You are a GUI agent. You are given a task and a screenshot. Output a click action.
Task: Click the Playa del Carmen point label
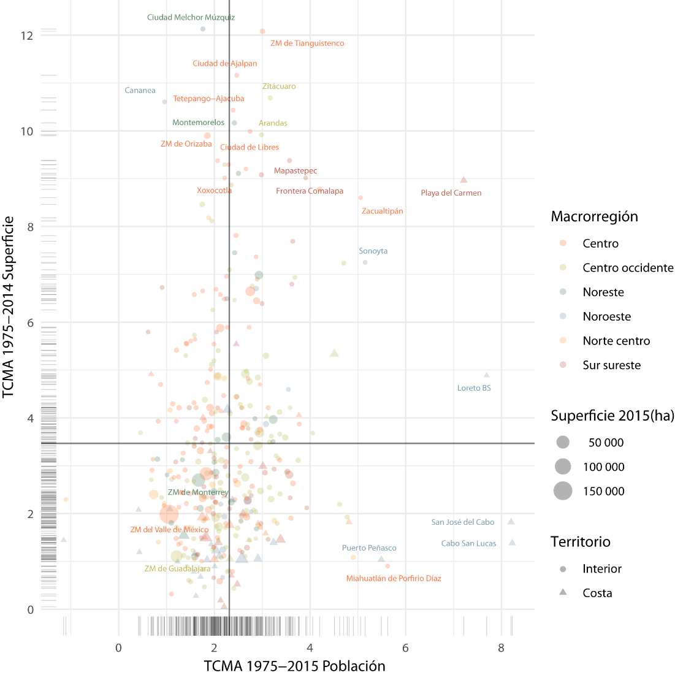pyautogui.click(x=451, y=193)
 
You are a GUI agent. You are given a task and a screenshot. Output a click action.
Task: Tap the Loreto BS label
pyautogui.click(x=474, y=388)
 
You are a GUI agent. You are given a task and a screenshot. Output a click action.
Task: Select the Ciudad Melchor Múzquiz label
pyautogui.click(x=191, y=18)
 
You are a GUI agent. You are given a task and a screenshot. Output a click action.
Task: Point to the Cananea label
pyautogui.click(x=140, y=91)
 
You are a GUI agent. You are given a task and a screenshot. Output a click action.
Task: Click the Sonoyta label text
pyautogui.click(x=373, y=251)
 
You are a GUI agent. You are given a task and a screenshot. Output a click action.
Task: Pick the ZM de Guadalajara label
pyautogui.click(x=177, y=569)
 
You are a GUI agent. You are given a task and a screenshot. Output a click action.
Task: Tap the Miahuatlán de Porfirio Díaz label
pyautogui.click(x=394, y=579)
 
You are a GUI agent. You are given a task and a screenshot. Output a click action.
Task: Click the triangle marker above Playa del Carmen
pyautogui.click(x=463, y=180)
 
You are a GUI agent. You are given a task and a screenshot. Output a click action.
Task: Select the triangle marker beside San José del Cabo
pyautogui.click(x=511, y=522)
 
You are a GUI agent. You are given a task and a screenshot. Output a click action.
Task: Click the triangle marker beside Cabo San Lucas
pyautogui.click(x=512, y=543)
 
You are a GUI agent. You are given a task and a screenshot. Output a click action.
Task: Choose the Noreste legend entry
pyautogui.click(x=603, y=292)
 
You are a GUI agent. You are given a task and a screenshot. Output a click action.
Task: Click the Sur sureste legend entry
pyautogui.click(x=611, y=365)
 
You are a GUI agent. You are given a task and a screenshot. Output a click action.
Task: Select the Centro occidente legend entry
pyautogui.click(x=628, y=268)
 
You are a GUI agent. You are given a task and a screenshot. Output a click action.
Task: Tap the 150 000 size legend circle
pyautogui.click(x=563, y=491)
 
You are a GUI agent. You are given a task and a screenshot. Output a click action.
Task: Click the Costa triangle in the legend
pyautogui.click(x=563, y=593)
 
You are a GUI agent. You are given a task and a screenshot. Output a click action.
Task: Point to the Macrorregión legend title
pyautogui.click(x=594, y=216)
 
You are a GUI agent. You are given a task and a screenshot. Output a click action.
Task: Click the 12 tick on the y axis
pyautogui.click(x=26, y=36)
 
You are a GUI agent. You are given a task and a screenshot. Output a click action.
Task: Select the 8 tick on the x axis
pyautogui.click(x=501, y=647)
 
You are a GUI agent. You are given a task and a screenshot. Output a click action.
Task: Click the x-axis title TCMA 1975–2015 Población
pyautogui.click(x=294, y=666)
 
